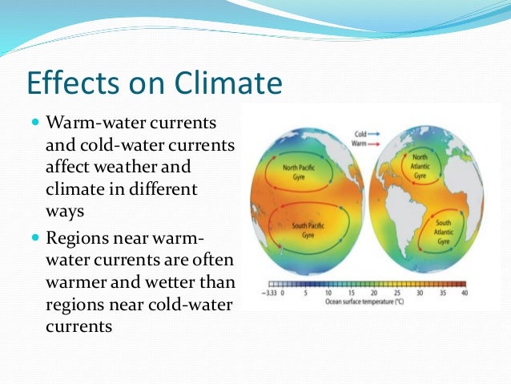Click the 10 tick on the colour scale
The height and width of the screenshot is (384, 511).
pos(328,293)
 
